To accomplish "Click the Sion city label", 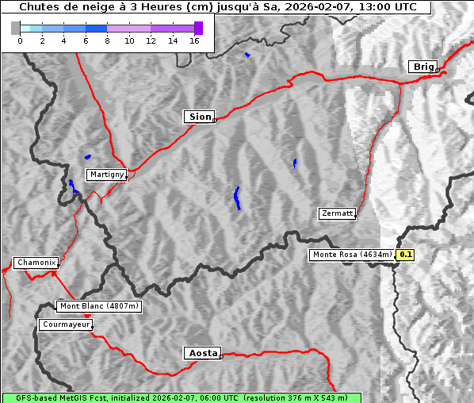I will point(200,117).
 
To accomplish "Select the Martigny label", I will point(106,175).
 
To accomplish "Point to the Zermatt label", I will point(337,213).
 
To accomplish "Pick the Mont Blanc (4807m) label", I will point(99,306).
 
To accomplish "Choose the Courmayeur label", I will point(66,324).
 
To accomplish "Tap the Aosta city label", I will point(202,353).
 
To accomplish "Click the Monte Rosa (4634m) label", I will point(352,255).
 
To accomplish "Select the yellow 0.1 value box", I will point(405,255).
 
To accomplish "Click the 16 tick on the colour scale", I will point(194,40).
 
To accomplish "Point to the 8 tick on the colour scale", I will point(107,40).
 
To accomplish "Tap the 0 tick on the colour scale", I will point(20,40).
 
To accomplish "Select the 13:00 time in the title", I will point(368,6).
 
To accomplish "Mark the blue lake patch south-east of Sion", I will point(237,198).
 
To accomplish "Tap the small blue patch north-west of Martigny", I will point(87,156).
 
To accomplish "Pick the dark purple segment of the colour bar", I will point(198,28).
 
